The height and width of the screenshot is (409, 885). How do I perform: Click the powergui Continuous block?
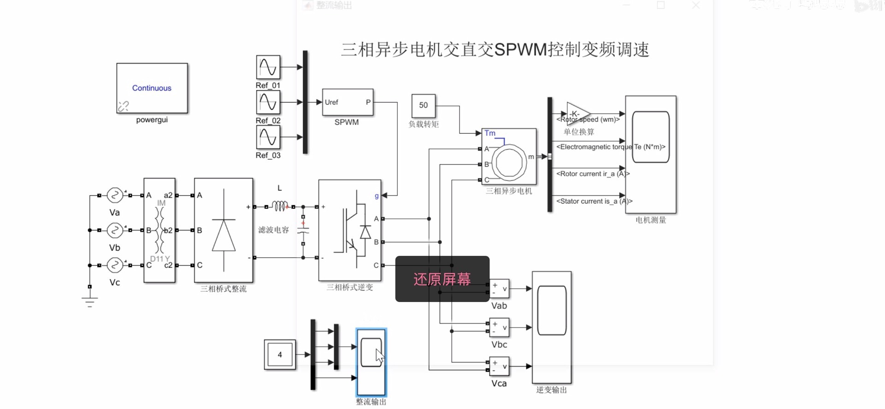(152, 88)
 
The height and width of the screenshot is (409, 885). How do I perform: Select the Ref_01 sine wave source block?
(268, 67)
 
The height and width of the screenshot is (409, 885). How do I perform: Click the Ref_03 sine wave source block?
(268, 137)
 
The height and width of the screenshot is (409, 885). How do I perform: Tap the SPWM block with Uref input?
(347, 102)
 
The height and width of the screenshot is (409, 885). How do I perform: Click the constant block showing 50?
(423, 106)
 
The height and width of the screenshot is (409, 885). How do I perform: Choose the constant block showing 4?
(280, 355)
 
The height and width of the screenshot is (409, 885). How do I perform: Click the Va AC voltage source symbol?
(114, 196)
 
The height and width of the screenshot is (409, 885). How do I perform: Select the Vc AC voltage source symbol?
(114, 265)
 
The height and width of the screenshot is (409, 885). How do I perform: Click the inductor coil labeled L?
(280, 206)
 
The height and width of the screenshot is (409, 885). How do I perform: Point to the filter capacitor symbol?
(303, 229)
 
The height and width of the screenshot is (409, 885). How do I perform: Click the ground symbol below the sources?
(90, 302)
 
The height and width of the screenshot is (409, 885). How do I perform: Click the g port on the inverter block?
(377, 196)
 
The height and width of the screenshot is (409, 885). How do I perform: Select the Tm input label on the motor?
(490, 133)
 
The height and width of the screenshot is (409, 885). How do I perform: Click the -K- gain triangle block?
(576, 113)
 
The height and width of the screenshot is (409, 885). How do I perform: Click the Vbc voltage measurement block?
(499, 327)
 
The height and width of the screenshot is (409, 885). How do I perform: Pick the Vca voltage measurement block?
(499, 366)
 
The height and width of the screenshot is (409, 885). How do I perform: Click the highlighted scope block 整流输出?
(371, 362)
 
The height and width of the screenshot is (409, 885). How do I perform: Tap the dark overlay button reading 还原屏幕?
(442, 279)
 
